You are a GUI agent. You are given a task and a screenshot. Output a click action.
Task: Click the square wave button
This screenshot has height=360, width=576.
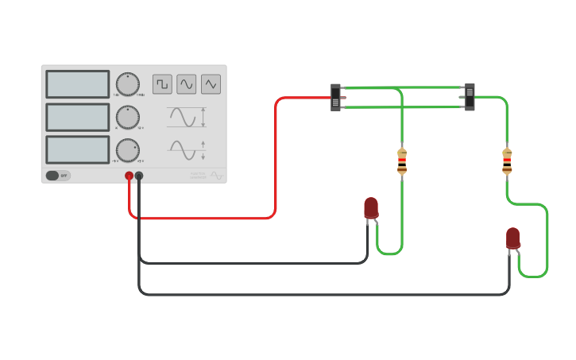pos(162,83)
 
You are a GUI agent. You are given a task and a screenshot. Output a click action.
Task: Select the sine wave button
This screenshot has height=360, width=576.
pos(186,83)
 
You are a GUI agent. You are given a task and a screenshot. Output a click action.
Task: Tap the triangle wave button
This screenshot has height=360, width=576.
pos(211,83)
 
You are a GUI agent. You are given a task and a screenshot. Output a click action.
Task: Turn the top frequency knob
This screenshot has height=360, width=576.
pos(127,84)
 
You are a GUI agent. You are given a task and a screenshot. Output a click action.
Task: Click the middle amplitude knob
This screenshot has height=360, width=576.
pos(127,117)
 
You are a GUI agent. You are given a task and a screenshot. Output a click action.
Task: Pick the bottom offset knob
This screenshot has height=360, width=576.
pos(127,149)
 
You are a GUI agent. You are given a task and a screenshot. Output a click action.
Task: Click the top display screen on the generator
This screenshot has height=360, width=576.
pos(78,84)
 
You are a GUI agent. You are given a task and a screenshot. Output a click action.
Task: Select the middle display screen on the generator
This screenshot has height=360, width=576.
pos(78,117)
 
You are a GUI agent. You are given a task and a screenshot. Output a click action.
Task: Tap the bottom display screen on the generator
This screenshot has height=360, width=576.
pos(78,149)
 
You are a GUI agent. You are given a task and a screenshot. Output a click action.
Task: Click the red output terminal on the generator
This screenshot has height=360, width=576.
pos(129,176)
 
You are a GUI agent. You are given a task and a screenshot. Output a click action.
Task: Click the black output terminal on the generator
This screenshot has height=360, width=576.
pos(139,176)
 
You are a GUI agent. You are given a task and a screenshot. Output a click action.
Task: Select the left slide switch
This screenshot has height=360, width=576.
pos(336,97)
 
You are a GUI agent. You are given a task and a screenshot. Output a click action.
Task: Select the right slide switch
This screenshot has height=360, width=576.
pos(470,97)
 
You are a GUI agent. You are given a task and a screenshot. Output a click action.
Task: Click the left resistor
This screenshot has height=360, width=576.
pos(402,161)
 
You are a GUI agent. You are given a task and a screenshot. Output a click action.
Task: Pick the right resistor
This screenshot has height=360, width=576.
pos(507,161)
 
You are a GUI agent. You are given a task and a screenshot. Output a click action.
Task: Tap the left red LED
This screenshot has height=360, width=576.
pos(371,207)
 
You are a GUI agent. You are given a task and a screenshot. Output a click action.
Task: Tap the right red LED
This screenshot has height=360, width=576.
pos(513,238)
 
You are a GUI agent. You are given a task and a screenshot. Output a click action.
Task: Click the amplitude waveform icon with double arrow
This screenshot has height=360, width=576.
pos(186,117)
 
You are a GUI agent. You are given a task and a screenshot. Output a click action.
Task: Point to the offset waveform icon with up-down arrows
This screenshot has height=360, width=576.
pos(186,149)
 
